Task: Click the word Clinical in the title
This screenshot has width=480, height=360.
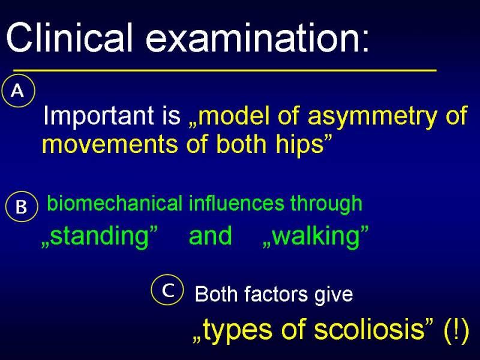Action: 70,37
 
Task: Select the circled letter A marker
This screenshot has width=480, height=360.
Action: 19,91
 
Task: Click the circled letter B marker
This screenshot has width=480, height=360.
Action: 22,206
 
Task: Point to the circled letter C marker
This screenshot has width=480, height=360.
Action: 168,290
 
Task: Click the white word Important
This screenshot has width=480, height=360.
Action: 98,116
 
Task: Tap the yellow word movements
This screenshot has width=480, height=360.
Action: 110,144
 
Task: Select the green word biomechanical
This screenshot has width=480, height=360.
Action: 115,203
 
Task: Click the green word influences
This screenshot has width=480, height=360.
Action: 236,203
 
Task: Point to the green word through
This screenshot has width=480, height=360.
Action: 326,204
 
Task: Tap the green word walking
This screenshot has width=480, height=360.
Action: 316,236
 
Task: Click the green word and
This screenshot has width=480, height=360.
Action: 210,235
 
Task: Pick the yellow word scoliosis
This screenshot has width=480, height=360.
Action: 370,329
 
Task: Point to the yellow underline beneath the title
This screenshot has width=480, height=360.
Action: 224,70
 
